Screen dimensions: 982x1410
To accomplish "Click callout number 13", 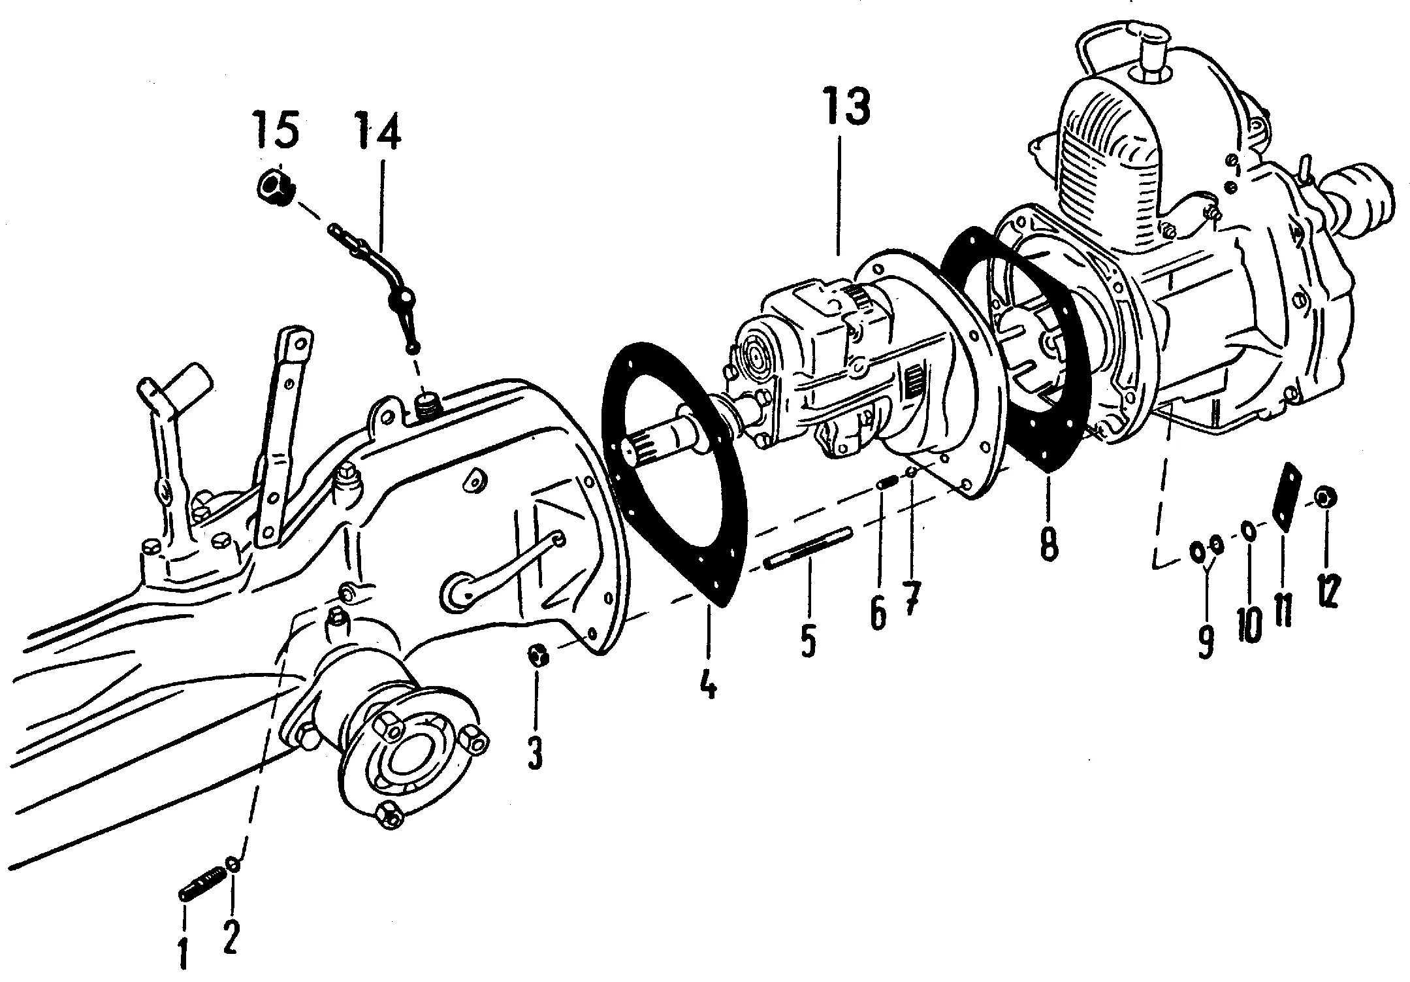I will click(847, 108).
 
